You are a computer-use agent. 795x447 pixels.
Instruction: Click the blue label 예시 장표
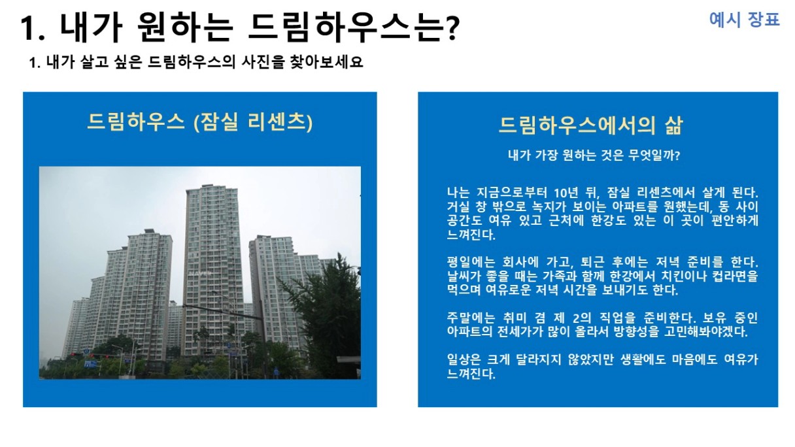click(x=744, y=20)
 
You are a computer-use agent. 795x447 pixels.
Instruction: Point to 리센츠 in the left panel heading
click(x=276, y=122)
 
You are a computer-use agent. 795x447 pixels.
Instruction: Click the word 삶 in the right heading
click(x=673, y=125)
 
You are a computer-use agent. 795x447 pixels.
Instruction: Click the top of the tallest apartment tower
click(x=212, y=186)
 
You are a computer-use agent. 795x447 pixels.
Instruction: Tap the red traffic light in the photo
click(x=73, y=354)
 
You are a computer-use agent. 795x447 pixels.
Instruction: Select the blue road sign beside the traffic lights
click(x=90, y=363)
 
